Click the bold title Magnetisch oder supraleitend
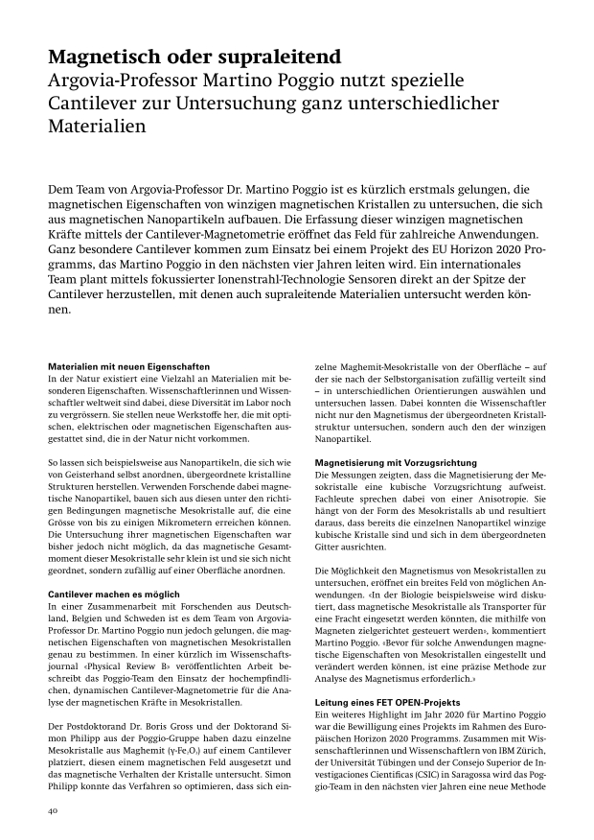[194, 56]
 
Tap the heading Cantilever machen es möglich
[114, 595]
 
